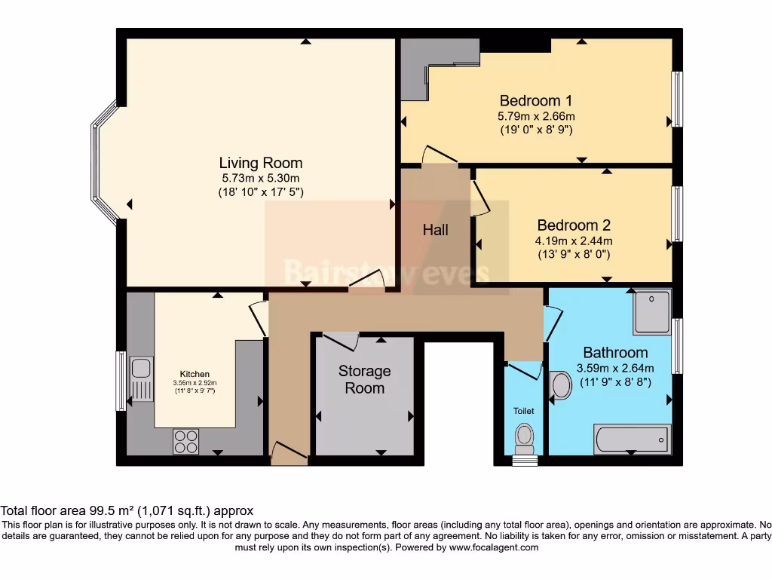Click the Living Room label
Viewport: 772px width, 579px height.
point(260,163)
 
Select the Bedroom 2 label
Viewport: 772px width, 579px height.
point(574,225)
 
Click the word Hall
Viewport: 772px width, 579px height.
point(435,230)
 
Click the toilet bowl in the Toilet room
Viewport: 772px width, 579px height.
point(523,435)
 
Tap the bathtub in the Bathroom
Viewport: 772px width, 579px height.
point(631,438)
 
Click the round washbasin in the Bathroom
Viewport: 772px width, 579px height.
point(562,385)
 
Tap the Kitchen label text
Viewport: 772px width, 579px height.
point(194,374)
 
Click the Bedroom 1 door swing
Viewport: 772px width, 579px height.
point(438,155)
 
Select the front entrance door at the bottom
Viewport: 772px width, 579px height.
point(288,452)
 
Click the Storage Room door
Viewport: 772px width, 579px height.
point(337,339)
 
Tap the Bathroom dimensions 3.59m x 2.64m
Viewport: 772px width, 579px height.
point(614,368)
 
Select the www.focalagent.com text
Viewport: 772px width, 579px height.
point(494,547)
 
